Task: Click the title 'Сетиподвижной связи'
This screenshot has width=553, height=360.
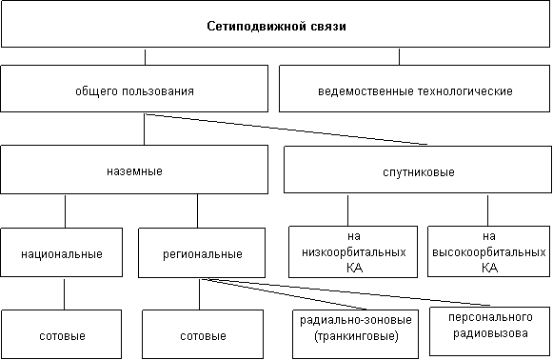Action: [x=276, y=27]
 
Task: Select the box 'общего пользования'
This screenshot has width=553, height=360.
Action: [x=134, y=89]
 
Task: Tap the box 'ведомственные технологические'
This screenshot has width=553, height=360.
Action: [x=414, y=89]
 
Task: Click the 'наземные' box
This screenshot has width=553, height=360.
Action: [x=134, y=170]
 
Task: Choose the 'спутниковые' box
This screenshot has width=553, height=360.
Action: [x=418, y=170]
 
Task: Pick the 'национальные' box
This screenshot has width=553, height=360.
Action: [x=62, y=252]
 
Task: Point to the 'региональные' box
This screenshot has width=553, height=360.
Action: [x=202, y=252]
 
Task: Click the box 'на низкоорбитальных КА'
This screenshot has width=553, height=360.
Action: [x=353, y=252]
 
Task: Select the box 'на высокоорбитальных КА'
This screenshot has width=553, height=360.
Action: [x=489, y=251]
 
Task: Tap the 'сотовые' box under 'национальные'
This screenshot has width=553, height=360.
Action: [x=62, y=334]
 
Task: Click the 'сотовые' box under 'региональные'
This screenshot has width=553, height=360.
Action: [x=203, y=334]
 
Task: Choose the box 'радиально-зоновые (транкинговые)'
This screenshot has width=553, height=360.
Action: [x=356, y=334]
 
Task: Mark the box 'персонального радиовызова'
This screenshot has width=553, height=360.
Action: [x=490, y=331]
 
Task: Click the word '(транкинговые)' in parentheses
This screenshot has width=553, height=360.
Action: [x=356, y=336]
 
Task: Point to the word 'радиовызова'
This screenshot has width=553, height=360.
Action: [x=490, y=333]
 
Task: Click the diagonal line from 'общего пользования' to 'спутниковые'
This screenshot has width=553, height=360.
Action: [x=286, y=130]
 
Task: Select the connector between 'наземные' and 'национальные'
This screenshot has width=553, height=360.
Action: [x=66, y=211]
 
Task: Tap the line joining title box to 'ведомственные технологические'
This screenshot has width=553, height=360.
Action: [x=399, y=56]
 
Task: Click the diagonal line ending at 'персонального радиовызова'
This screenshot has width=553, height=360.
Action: [x=348, y=292]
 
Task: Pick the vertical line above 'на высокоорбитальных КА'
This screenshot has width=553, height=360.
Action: [x=487, y=210]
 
